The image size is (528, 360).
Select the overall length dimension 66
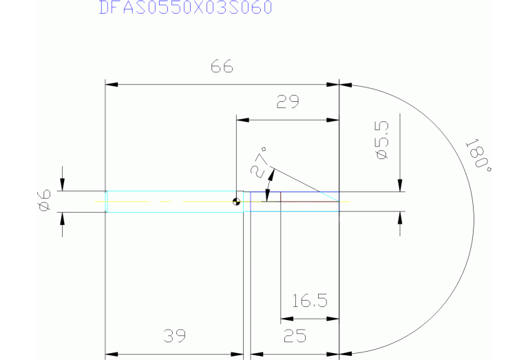point(222,67)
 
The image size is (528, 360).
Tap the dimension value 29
point(288,103)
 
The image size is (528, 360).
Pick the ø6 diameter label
point(44,201)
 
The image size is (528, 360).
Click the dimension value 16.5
point(309,302)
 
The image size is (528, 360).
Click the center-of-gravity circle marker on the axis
point(236,202)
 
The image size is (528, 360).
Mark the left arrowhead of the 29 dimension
point(242,120)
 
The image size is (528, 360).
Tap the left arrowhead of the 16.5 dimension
point(286,319)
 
